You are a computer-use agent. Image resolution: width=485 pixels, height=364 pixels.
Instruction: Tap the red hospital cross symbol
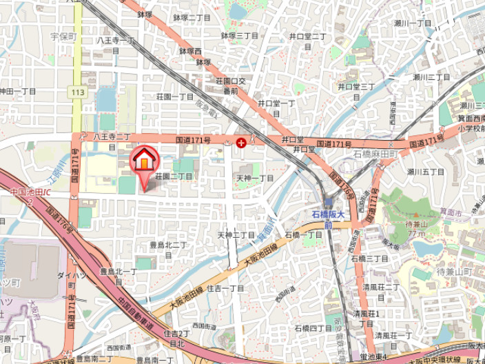241,143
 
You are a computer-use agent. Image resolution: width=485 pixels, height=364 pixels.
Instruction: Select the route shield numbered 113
77,91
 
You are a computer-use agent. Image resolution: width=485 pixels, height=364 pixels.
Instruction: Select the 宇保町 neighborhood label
63,37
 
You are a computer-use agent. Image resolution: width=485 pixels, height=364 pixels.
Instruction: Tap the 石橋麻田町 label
377,154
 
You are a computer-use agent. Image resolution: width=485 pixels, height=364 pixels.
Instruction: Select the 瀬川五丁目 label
424,172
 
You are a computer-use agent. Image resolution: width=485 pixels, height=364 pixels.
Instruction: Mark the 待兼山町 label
453,273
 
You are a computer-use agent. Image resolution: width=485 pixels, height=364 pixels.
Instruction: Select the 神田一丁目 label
18,91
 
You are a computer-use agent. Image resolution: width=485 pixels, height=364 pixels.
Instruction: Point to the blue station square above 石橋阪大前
329,205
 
